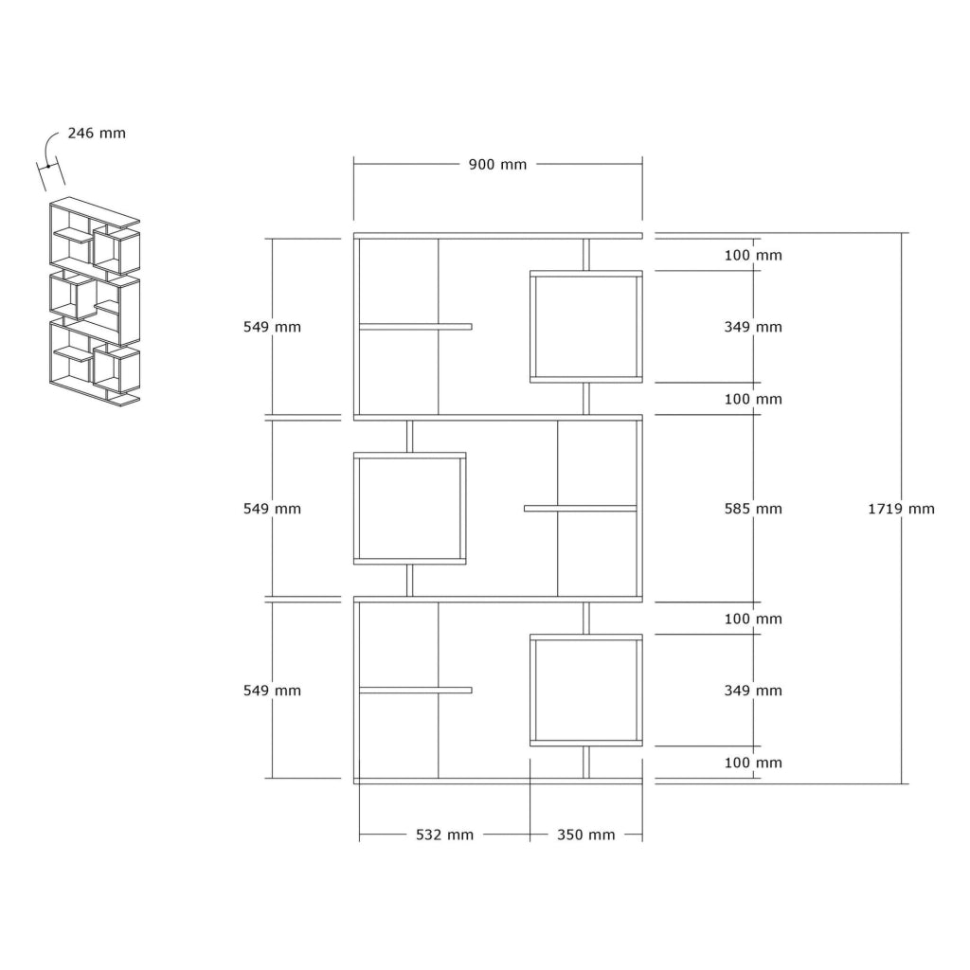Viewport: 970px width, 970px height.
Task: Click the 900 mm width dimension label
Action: [x=497, y=165]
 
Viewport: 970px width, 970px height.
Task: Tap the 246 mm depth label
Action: [x=97, y=133]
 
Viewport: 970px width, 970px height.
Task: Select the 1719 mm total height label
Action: [x=901, y=509]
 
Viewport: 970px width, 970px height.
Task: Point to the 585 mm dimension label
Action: [x=753, y=509]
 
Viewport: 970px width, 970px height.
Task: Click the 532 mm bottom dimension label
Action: [x=444, y=835]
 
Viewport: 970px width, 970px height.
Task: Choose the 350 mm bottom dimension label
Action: [x=585, y=835]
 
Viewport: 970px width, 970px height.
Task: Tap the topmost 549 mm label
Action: [x=272, y=327]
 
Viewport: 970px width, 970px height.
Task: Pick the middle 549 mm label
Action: [x=272, y=509]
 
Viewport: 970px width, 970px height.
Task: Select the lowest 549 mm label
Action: [x=272, y=691]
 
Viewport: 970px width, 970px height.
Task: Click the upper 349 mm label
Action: [x=753, y=327]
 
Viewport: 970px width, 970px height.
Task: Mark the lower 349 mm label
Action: [x=753, y=691]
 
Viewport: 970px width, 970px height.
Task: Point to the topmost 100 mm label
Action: [x=753, y=255]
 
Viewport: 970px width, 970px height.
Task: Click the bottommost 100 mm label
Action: [x=753, y=763]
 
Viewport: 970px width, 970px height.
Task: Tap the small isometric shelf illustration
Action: [x=95, y=301]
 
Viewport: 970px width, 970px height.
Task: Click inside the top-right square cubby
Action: [x=586, y=327]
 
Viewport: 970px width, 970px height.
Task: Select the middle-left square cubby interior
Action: [x=409, y=509]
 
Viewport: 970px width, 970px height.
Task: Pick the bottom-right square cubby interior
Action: [x=586, y=691]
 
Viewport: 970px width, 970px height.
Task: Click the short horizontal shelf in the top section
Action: [x=416, y=327]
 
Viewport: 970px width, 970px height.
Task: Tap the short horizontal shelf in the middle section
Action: [x=581, y=509]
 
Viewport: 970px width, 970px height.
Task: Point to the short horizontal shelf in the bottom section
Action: [x=416, y=691]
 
